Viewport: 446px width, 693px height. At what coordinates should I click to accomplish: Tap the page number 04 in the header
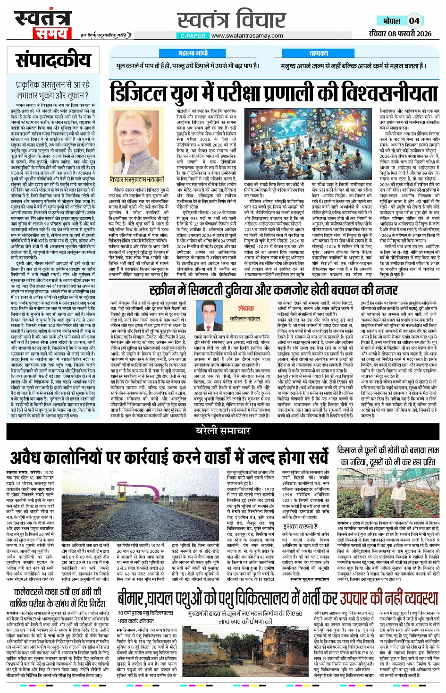click(414, 21)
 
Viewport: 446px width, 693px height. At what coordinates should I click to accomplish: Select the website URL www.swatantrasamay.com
click(247, 36)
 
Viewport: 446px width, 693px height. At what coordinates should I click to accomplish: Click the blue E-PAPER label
click(193, 36)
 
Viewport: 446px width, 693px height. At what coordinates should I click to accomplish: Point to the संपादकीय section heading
click(53, 61)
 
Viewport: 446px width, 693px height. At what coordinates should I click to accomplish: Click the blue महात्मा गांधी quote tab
click(193, 53)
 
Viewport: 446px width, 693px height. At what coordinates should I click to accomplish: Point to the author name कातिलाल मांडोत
click(245, 319)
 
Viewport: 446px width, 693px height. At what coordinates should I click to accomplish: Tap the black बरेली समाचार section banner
click(223, 431)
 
